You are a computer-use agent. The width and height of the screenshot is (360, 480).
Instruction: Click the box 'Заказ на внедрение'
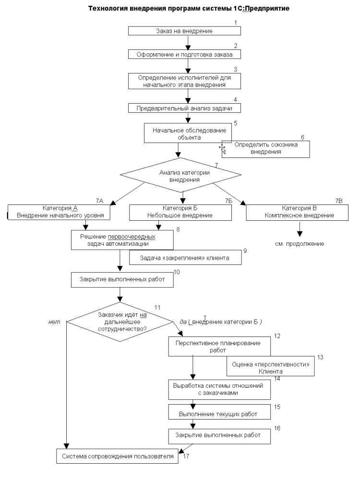pos(184,31)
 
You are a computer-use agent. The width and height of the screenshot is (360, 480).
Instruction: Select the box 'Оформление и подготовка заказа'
pos(184,55)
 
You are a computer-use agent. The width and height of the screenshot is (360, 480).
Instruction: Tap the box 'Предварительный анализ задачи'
pos(184,108)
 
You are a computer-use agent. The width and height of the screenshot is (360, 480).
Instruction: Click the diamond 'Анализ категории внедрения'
pos(180,175)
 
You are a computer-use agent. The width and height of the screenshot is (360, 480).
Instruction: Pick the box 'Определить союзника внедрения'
pos(266,149)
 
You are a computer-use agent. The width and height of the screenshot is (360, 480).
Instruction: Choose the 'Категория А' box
pos(59,212)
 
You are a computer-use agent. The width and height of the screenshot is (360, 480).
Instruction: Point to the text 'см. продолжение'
pos(300,244)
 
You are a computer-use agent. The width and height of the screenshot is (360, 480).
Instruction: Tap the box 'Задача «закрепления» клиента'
pos(185,258)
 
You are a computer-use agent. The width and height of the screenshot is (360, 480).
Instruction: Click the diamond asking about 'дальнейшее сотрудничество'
pos(120,322)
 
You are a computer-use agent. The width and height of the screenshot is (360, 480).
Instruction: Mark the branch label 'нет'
pos(54,322)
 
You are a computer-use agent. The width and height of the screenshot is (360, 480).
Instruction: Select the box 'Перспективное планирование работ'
pos(219,347)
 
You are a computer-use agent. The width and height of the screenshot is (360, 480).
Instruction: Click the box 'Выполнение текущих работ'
pos(219,412)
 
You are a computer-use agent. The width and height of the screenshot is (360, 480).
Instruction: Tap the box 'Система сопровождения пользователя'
pos(117,456)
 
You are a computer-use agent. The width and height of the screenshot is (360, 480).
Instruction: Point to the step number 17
pos(186,456)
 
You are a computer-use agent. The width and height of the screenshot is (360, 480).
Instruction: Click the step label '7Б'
pos(228,201)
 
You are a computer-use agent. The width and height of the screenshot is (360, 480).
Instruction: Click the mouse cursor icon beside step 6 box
pos(223,149)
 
